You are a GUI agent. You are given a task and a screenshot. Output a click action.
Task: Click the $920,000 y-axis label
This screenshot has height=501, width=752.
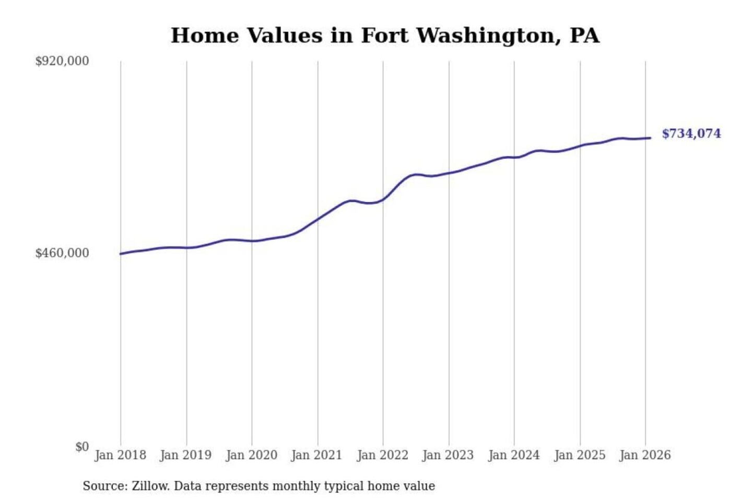tap(62, 61)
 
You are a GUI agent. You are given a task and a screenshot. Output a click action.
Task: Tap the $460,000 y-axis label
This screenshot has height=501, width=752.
tap(62, 253)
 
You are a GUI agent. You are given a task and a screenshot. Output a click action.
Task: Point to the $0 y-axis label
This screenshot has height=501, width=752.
tap(82, 447)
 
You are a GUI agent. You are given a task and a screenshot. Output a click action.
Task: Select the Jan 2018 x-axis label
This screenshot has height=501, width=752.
tap(120, 455)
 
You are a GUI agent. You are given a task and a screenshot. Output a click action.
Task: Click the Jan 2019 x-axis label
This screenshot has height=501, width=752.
tap(186, 455)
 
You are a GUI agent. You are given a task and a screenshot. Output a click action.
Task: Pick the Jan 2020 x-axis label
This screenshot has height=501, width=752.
tap(251, 455)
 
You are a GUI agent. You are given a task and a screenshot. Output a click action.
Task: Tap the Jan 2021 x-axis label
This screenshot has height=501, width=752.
tap(316, 455)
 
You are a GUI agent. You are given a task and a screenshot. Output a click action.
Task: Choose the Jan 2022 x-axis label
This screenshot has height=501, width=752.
tap(382, 455)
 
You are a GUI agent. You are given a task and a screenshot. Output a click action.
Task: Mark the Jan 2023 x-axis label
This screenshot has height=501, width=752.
tap(448, 455)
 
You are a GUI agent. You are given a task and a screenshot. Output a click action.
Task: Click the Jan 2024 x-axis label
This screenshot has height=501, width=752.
tap(513, 455)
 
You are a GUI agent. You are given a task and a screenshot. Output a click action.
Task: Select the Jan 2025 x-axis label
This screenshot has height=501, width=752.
tap(579, 455)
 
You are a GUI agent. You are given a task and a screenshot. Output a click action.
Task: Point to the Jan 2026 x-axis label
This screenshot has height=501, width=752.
tap(645, 455)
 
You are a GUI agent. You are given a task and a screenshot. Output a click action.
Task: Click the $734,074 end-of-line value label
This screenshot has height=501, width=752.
tap(691, 134)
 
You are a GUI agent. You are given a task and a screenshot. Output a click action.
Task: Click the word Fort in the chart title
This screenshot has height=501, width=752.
tap(384, 35)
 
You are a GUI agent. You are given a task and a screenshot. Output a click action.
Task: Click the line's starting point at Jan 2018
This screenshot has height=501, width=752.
tap(121, 254)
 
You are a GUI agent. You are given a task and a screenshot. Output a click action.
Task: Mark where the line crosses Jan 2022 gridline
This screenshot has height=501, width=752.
tap(383, 199)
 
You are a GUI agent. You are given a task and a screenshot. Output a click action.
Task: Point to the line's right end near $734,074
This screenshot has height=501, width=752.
tap(650, 138)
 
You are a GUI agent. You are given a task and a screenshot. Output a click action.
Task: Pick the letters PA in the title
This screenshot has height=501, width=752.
tap(584, 35)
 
